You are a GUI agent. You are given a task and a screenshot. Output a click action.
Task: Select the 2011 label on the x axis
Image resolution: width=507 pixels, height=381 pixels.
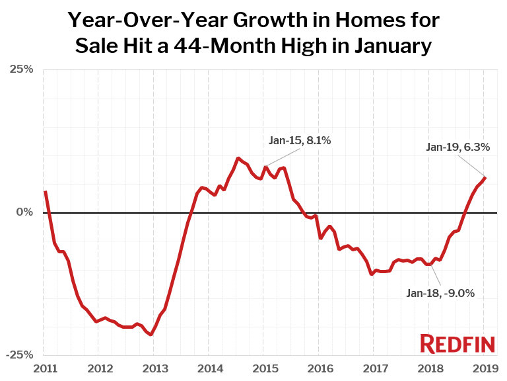coord(44,368)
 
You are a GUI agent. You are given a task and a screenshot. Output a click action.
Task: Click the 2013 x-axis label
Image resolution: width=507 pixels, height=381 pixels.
coord(153,368)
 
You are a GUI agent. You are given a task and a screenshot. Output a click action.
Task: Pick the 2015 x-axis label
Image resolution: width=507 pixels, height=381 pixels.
coord(263,368)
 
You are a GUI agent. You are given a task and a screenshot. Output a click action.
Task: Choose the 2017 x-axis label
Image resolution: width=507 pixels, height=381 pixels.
coord(374,368)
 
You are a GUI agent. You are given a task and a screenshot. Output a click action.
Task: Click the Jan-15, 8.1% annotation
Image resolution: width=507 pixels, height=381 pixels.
coord(300,140)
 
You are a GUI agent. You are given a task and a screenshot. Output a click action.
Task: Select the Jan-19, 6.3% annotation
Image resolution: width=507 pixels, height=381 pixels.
coord(458,148)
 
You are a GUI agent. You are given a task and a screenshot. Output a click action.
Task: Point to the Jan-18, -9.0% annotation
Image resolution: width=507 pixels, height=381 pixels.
coord(440,293)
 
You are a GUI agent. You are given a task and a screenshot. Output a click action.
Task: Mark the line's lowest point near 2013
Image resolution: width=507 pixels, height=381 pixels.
coord(151,335)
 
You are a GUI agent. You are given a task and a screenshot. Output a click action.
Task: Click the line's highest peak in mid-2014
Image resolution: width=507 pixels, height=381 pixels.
coord(238,158)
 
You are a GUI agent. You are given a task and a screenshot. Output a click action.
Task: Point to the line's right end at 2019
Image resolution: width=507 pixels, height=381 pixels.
coord(485,177)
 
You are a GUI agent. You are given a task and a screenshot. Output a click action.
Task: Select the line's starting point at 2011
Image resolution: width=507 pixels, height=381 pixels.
coord(45,192)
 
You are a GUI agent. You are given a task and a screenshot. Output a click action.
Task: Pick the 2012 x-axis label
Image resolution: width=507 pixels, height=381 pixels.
coord(98,368)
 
